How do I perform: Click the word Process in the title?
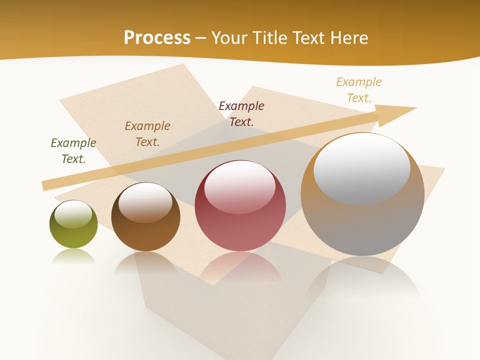pyautogui.click(x=157, y=37)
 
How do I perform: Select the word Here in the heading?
pyautogui.click(x=350, y=37)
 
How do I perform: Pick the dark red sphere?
pyautogui.click(x=240, y=220)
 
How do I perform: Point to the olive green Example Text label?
pyautogui.click(x=73, y=150)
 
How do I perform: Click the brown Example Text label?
pyautogui.click(x=147, y=133)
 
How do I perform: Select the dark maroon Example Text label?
pyautogui.click(x=241, y=113)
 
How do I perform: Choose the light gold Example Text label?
pyautogui.click(x=359, y=89)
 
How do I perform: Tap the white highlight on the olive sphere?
pyautogui.click(x=73, y=213)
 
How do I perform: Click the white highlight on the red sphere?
pyautogui.click(x=240, y=186)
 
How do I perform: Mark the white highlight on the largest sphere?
pyautogui.click(x=362, y=167)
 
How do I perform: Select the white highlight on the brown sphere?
pyautogui.click(x=145, y=201)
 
